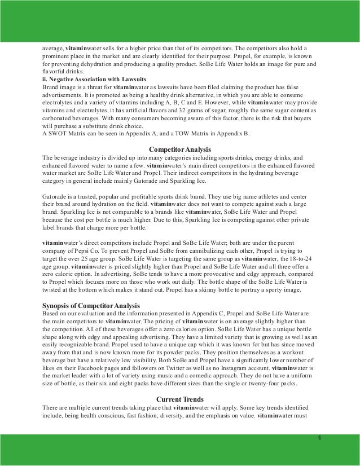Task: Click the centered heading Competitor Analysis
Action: tap(179, 148)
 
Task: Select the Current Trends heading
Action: tap(179, 399)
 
